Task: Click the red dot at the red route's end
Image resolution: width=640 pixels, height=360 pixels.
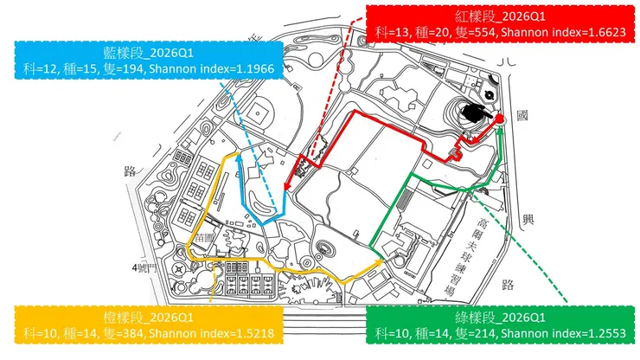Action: click(x=499, y=118)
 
